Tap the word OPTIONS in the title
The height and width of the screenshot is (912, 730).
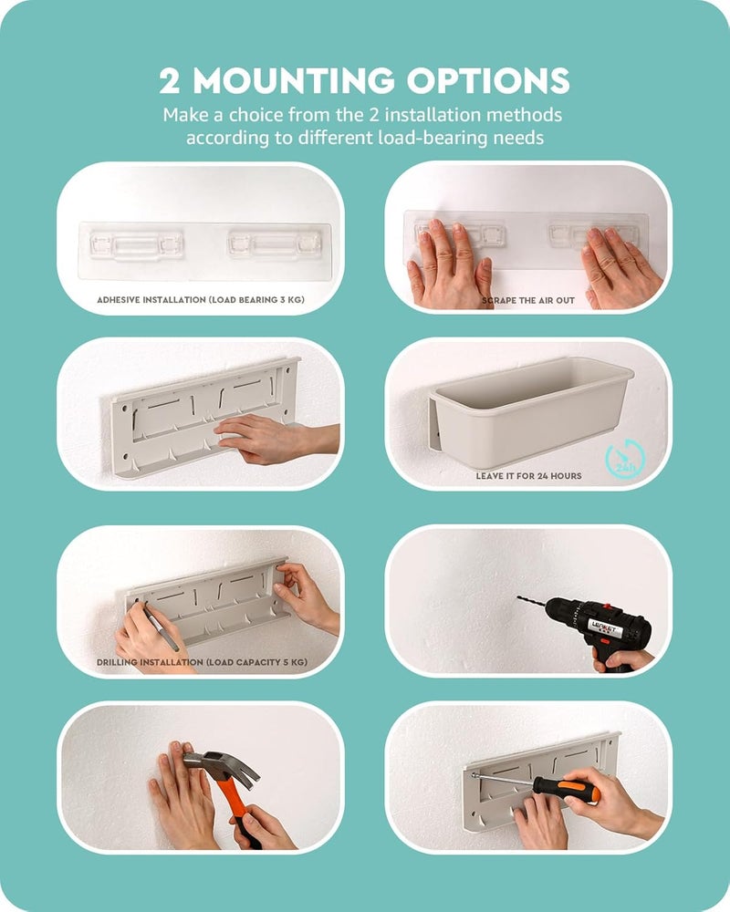[488, 81]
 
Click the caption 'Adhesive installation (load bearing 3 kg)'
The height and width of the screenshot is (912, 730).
[200, 300]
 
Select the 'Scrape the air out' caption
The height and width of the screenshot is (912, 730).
[528, 301]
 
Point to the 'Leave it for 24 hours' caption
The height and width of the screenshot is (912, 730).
[528, 476]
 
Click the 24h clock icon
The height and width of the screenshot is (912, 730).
[625, 459]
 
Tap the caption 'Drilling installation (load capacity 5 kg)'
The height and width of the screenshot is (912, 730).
[202, 662]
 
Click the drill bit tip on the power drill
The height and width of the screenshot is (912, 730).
[519, 597]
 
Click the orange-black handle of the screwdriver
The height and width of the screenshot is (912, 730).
[567, 789]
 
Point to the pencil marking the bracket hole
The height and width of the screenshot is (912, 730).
[161, 628]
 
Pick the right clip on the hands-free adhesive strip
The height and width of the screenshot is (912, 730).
[274, 244]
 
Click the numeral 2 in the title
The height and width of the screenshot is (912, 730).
[170, 81]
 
